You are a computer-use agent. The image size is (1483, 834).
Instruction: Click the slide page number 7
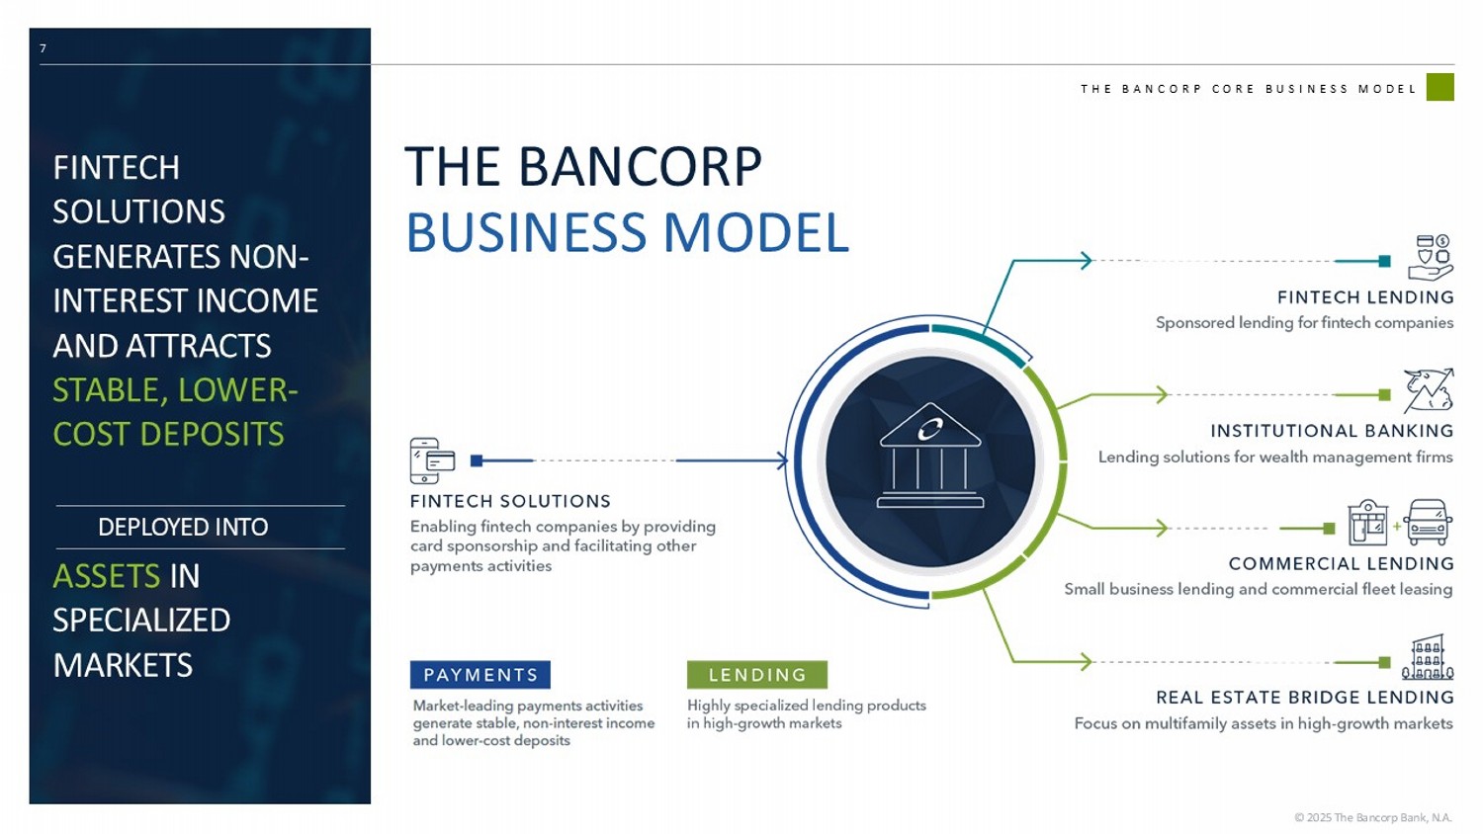click(x=44, y=48)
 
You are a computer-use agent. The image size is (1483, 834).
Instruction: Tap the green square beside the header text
click(x=1439, y=87)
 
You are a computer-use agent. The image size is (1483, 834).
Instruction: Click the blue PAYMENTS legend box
click(x=480, y=675)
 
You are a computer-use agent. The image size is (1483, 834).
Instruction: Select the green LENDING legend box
click(x=756, y=675)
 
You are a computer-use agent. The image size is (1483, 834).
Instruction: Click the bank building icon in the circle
click(x=930, y=456)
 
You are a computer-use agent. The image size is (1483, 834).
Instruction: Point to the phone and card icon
click(x=432, y=460)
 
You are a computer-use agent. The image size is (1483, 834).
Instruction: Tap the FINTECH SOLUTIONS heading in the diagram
click(x=510, y=501)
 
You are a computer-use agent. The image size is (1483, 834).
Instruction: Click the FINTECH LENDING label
click(x=1365, y=297)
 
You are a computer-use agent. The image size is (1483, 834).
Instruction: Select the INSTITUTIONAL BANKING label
click(x=1332, y=431)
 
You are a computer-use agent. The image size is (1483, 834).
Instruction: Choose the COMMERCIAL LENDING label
click(x=1342, y=563)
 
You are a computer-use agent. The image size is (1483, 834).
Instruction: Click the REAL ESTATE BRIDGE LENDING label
click(x=1305, y=697)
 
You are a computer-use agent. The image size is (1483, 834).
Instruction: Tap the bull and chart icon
click(x=1429, y=390)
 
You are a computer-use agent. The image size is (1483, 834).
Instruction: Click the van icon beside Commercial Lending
click(x=1428, y=523)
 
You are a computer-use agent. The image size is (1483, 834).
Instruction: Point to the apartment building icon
click(x=1428, y=657)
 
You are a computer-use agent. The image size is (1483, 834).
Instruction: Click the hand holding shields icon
click(x=1430, y=257)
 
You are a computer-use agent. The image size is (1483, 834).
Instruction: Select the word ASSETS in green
click(x=106, y=576)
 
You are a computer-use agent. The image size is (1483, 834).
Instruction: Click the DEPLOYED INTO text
click(x=183, y=527)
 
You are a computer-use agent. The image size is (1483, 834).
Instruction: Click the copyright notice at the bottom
click(x=1373, y=817)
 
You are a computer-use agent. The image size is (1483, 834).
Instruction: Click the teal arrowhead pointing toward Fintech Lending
click(x=1086, y=260)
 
